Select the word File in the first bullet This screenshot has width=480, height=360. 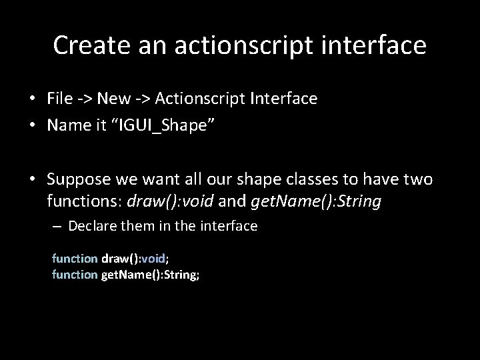(59, 99)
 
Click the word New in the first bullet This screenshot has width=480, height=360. (109, 99)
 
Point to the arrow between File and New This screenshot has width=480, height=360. (84, 99)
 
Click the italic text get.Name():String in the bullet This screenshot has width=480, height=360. (317, 201)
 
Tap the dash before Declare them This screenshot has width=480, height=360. (57, 226)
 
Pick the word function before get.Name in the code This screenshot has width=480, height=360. (75, 273)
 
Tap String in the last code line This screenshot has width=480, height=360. (182, 273)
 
